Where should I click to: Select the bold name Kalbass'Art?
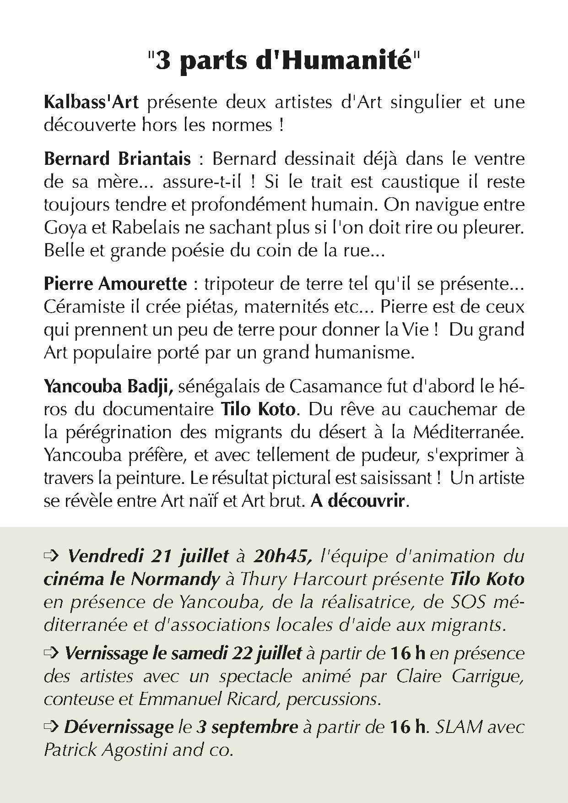91,101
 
